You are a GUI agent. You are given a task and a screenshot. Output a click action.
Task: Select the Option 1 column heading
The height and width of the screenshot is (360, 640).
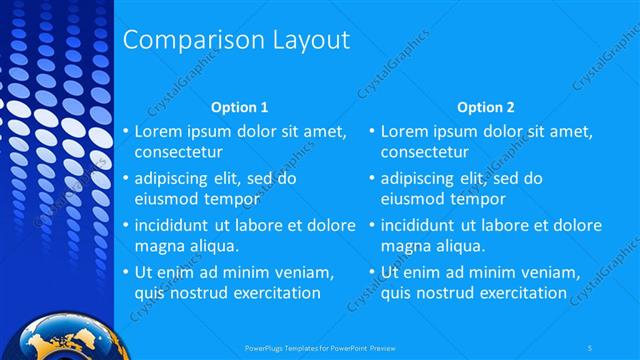(x=240, y=106)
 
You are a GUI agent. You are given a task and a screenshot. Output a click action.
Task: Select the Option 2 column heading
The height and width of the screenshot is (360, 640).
(x=486, y=106)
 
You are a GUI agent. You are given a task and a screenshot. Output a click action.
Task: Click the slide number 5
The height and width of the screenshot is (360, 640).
(x=592, y=348)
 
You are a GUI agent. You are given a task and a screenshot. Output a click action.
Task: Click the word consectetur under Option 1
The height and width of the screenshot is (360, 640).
(x=178, y=152)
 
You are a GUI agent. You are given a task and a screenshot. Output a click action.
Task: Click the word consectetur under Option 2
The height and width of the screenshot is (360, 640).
(x=425, y=152)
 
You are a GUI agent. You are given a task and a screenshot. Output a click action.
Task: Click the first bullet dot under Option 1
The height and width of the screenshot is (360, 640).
(x=126, y=132)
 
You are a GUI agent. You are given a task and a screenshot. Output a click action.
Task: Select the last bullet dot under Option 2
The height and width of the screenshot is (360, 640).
(x=372, y=272)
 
